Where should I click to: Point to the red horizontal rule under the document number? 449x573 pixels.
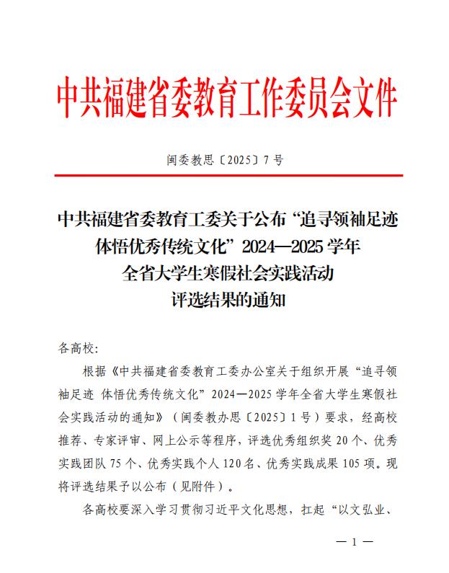(225, 175)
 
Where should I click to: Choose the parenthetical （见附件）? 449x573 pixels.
(202, 488)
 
